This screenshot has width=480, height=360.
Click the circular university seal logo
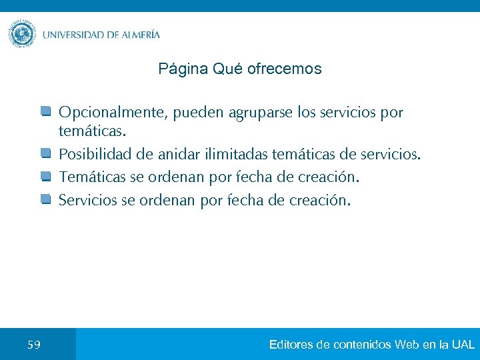tap(22, 34)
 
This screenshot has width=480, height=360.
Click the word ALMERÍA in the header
tap(141, 35)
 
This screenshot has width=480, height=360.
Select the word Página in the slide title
tap(183, 69)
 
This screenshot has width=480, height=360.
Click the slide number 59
tap(34, 345)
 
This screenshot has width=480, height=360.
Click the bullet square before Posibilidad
tap(45, 154)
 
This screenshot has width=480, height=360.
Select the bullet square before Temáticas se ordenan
tap(45, 177)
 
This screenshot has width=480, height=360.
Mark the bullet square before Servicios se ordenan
tap(45, 199)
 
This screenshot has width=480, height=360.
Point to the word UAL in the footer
tap(463, 345)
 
